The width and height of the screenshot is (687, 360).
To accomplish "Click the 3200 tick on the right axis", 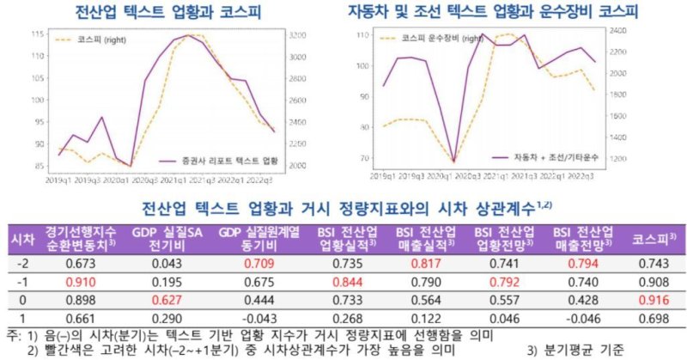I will click(295, 34).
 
